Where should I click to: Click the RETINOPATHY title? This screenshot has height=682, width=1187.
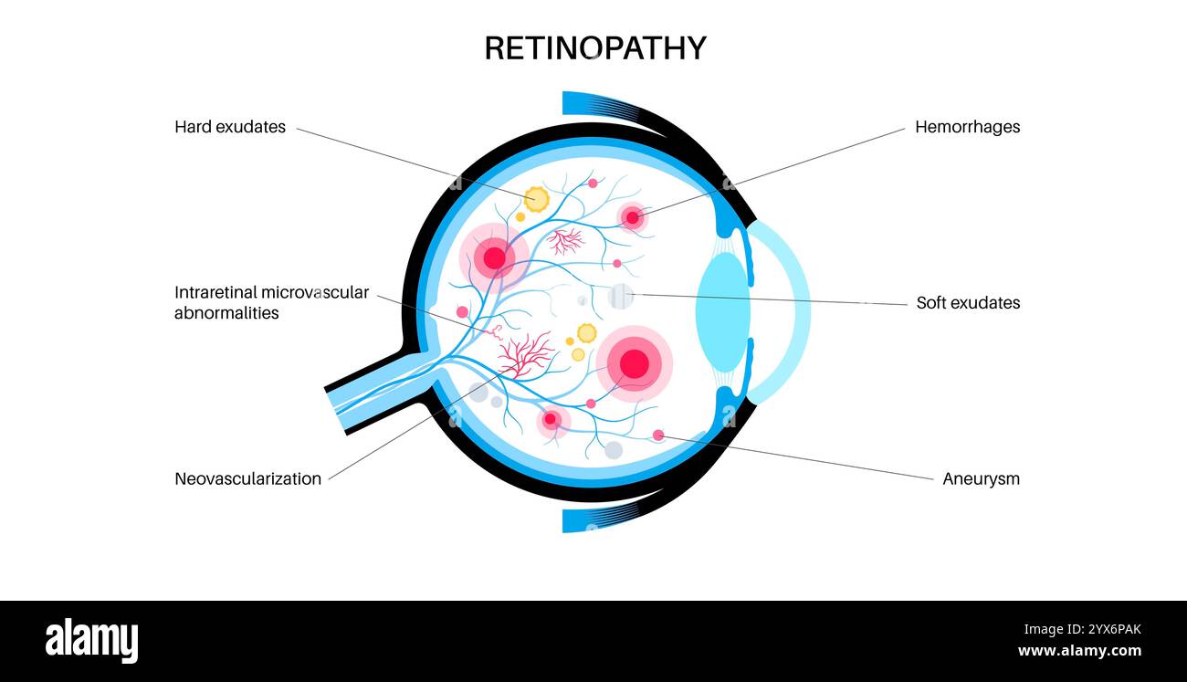tap(594, 48)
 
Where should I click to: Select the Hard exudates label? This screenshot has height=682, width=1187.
tap(230, 127)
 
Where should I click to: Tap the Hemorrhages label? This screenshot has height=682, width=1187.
tap(967, 127)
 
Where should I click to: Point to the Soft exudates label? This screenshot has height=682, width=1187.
tap(968, 302)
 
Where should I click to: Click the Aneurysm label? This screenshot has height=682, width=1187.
tap(981, 478)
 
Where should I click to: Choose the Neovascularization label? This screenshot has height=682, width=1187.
tap(247, 478)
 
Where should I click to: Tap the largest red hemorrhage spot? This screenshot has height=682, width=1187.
tap(634, 363)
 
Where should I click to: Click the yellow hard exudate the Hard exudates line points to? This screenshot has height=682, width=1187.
tap(536, 199)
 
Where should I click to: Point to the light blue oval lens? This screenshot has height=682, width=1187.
tap(722, 312)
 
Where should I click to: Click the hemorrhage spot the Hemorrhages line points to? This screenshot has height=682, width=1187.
tap(632, 217)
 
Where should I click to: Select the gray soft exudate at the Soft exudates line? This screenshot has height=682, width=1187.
tap(621, 296)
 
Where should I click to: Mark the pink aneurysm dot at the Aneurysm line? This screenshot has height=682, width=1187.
tap(658, 435)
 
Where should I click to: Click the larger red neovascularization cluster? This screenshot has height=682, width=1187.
tap(525, 354)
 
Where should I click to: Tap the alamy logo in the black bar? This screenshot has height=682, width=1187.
tap(91, 640)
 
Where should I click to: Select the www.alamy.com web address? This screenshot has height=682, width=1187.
tap(1079, 651)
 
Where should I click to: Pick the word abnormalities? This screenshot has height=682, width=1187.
tap(226, 312)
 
